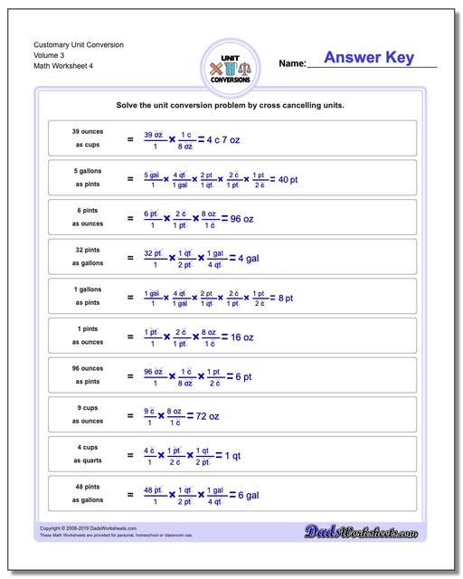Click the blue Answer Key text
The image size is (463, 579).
371,58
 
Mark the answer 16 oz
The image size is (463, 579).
241,337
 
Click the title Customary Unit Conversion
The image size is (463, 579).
79,44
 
